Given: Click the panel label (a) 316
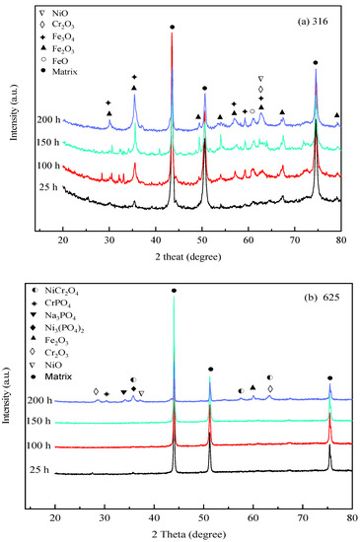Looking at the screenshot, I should click(312, 21).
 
